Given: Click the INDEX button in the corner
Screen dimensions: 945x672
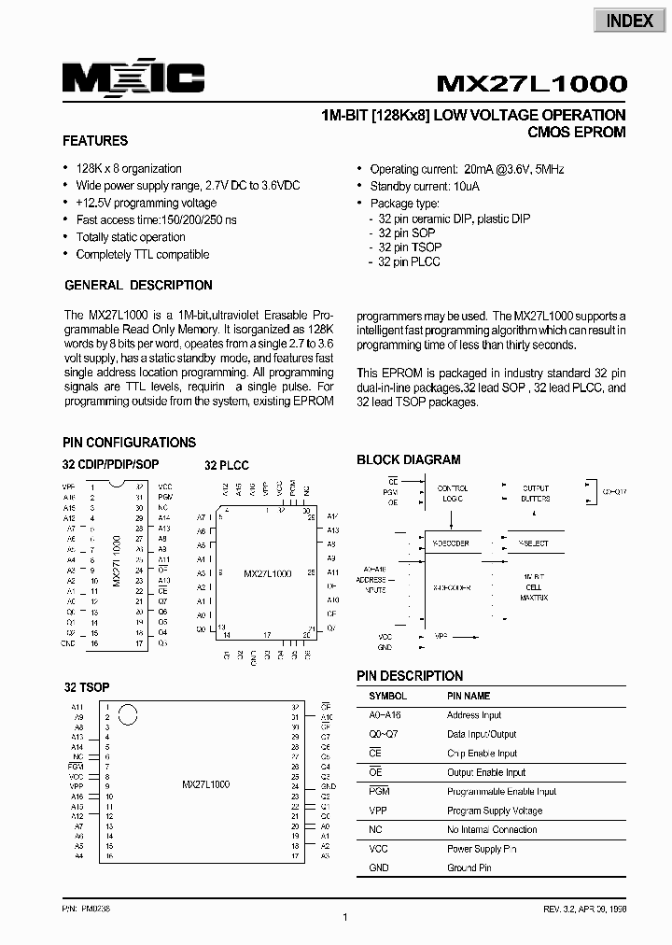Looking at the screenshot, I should [630, 20].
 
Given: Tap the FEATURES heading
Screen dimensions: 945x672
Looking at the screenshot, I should [95, 141].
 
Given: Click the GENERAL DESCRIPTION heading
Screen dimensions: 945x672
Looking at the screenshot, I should [138, 285].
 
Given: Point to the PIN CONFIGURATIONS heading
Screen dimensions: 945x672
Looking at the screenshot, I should [129, 443].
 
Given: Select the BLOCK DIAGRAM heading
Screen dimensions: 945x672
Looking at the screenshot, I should [408, 459].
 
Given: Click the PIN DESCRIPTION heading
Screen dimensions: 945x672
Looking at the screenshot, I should [410, 675].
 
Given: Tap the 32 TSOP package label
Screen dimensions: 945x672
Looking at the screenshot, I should [87, 687].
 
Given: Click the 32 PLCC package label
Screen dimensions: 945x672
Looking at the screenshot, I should [227, 465].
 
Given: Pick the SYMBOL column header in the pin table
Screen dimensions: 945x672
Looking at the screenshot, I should [387, 696].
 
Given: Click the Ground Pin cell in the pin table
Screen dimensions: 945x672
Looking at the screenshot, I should [469, 867].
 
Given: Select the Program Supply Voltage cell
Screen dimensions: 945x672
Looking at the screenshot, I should [494, 811].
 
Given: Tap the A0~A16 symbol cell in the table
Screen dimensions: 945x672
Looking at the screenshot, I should [385, 715].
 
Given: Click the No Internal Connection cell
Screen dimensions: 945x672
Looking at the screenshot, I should [492, 829].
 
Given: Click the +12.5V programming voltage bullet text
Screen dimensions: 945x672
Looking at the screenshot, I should [146, 203].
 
